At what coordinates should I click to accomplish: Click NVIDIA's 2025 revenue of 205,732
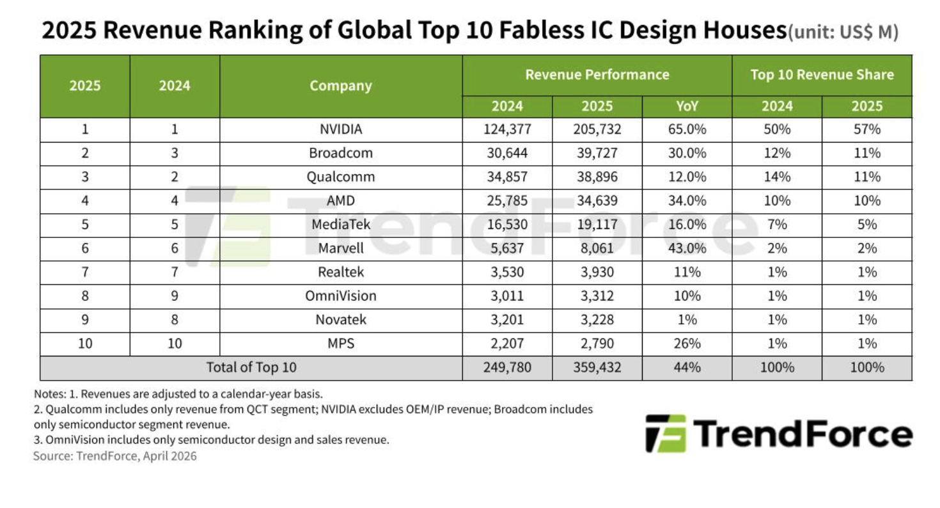coord(597,129)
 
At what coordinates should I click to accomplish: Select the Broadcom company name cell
coord(341,154)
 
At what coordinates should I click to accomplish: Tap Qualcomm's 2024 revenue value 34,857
coord(507,177)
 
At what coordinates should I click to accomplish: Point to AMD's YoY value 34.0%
coord(686,201)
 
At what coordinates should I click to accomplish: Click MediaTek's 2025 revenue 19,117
coord(597,225)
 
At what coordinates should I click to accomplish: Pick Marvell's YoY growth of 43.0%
coord(686,248)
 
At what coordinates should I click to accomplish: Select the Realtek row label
coord(341,272)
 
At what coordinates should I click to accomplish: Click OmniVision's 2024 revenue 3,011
coord(507,296)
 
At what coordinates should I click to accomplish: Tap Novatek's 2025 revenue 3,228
coord(597,319)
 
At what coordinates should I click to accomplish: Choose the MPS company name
coord(341,344)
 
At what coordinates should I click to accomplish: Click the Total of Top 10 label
coord(251,368)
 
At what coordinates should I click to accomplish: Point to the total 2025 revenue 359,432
coord(597,368)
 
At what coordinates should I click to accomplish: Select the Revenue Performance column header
coord(597,75)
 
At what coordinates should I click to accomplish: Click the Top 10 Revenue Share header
coord(822,75)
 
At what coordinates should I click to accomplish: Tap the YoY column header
coord(686,106)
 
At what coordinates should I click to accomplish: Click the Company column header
coord(341,86)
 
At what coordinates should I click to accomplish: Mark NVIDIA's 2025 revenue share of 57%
coord(866,129)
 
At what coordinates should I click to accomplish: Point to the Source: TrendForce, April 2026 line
coord(115,456)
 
